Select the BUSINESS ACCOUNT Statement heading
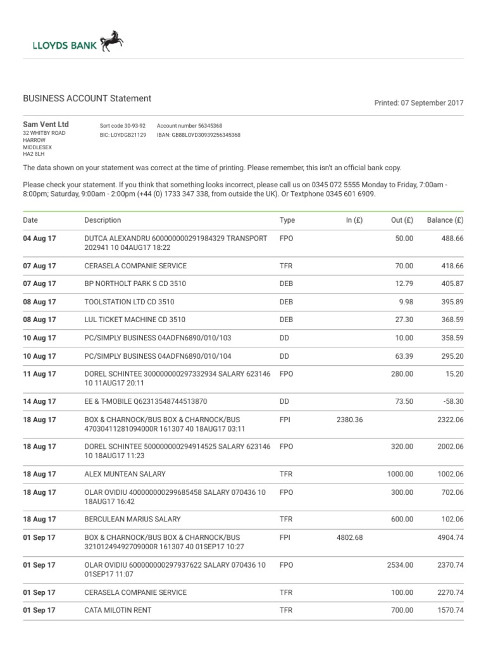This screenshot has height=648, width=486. (87, 99)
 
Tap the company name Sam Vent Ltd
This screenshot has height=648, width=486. (46, 125)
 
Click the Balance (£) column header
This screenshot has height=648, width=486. (445, 220)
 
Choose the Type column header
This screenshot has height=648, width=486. (287, 220)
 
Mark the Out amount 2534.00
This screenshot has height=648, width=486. (400, 564)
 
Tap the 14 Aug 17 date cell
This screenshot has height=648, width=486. (39, 401)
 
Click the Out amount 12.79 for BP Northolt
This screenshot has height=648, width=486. (403, 283)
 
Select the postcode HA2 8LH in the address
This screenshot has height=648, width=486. (34, 154)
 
